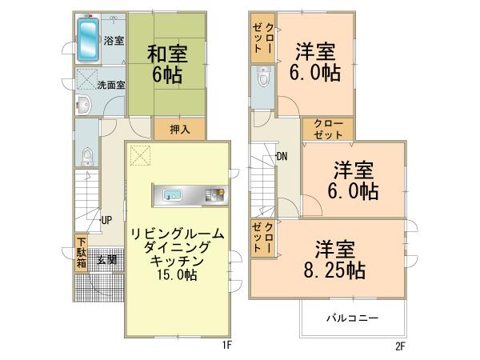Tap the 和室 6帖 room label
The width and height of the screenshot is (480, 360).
coord(166,65)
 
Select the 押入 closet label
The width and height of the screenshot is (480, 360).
coord(179,129)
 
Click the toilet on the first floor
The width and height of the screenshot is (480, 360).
coord(87,156)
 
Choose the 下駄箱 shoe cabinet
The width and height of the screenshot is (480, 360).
coord(82,253)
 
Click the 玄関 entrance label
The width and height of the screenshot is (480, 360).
coord(106,259)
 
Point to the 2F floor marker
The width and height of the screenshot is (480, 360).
coord(400,346)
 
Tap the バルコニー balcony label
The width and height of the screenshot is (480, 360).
coord(352,318)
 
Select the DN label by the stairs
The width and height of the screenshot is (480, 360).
coord(282,156)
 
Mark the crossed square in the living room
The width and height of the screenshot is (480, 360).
coord(141,155)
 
